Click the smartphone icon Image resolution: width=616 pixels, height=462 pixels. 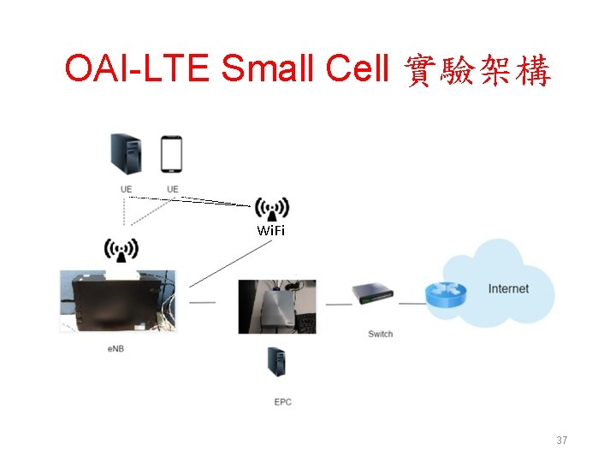(172, 154)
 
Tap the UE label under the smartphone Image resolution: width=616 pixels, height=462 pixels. (173, 188)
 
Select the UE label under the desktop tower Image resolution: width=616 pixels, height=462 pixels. (127, 188)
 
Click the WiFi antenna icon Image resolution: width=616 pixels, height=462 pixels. (272, 209)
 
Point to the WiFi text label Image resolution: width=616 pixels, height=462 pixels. (271, 231)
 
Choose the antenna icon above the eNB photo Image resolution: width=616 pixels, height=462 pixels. (121, 250)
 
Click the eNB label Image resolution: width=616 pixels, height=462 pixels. (116, 349)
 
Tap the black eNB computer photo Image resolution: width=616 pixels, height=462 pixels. (117, 300)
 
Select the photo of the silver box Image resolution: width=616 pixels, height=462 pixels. (276, 306)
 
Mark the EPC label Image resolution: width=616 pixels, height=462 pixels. (282, 401)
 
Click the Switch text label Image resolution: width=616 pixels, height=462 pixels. (380, 334)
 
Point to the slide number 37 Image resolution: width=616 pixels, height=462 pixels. (562, 441)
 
